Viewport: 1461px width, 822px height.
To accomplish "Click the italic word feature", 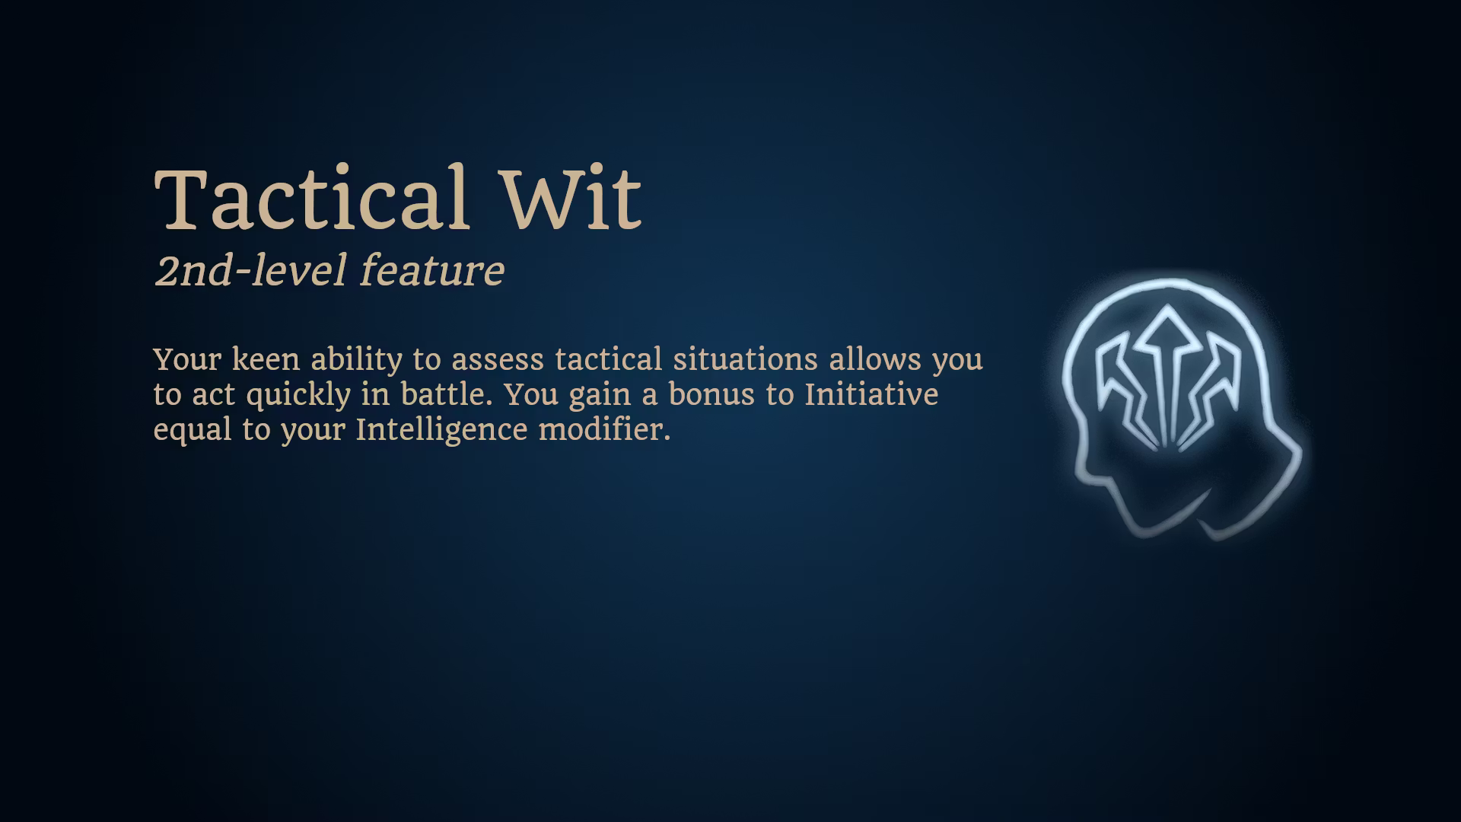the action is click(x=431, y=270).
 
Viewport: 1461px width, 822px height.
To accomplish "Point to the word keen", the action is click(x=266, y=358).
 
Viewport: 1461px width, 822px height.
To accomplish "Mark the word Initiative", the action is click(x=871, y=394).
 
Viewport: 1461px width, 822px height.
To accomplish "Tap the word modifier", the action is click(x=604, y=429).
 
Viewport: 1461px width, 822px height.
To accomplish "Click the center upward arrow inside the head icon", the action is click(x=1165, y=373).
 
